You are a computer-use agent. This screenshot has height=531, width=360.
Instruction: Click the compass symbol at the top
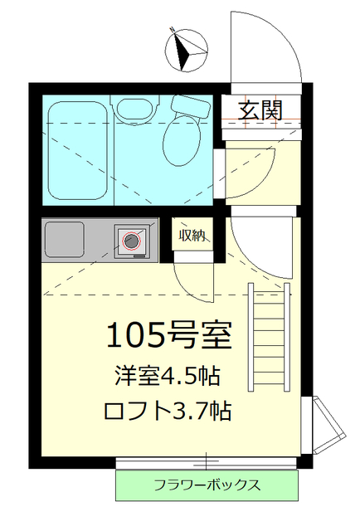(187, 49)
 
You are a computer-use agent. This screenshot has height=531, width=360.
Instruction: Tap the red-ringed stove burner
(132, 241)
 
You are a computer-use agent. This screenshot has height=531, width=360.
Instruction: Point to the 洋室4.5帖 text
(167, 376)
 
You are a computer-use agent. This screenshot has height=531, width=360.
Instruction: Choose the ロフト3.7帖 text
(167, 411)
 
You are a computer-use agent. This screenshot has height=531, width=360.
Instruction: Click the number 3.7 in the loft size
(197, 411)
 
